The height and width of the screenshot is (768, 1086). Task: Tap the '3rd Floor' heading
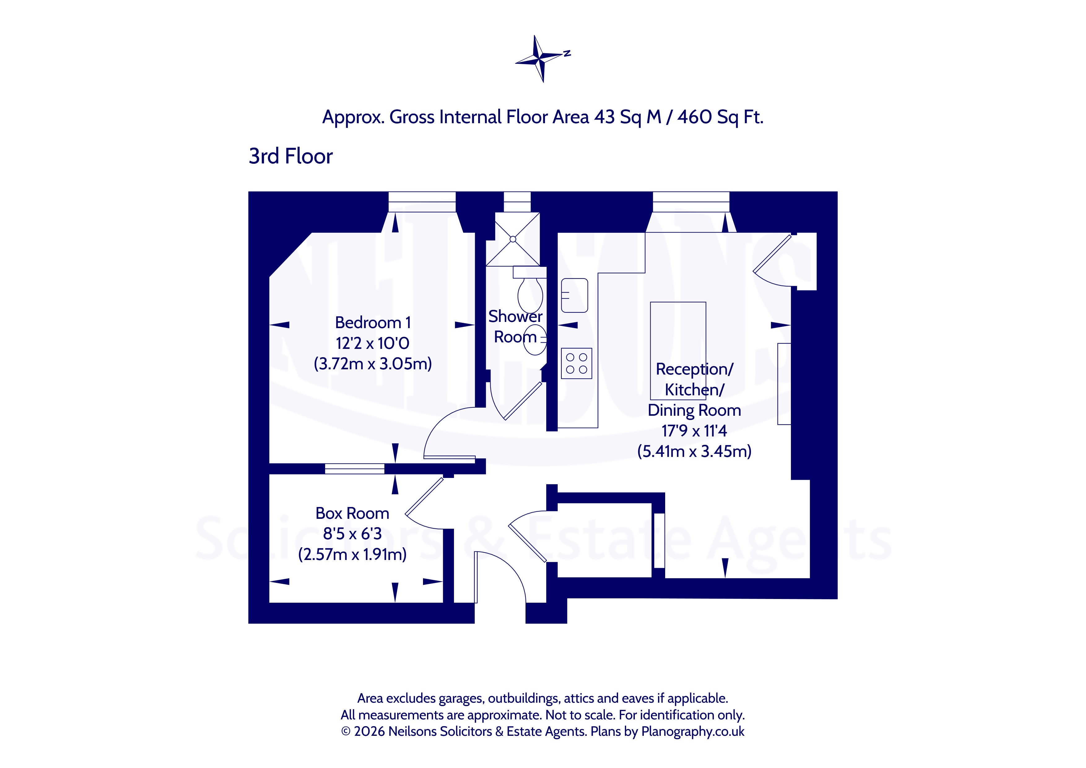tap(290, 156)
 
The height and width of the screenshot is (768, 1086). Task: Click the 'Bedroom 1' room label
tap(373, 323)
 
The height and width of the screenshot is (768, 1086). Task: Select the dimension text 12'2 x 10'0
tap(373, 343)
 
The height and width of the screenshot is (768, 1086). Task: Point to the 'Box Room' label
tap(352, 513)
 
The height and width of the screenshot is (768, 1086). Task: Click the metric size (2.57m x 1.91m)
tap(352, 554)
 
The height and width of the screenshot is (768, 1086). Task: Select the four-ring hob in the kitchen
tap(577, 363)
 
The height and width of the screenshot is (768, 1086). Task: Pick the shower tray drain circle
tap(513, 239)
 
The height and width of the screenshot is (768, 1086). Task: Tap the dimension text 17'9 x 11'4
tap(694, 431)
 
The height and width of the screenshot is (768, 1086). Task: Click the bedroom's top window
tap(422, 202)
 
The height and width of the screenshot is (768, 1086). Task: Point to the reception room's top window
tap(691, 202)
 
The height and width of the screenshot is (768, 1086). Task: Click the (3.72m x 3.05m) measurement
tap(373, 364)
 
